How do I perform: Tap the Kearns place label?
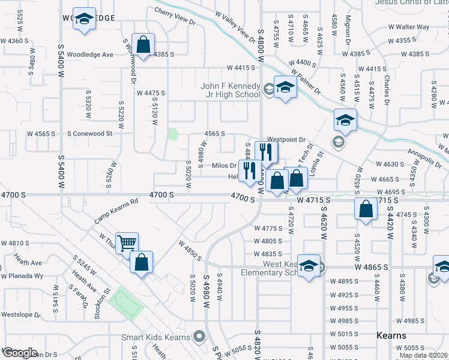pos(391,335)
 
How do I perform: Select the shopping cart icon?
pos(127,243)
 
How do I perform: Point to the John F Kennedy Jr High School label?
pos(231,90)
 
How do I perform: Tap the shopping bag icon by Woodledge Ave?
pos(143,44)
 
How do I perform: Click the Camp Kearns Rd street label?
pos(116,212)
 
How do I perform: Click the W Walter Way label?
pos(409,27)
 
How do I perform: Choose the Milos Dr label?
pos(224,166)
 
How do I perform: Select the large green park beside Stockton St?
pos(127,304)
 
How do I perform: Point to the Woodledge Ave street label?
pos(90,55)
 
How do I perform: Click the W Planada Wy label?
pos(22,277)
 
